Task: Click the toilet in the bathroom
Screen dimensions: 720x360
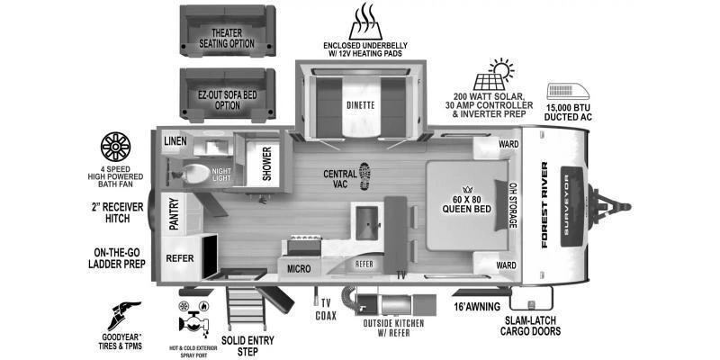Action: click(x=194, y=175)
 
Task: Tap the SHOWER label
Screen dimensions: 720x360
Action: click(x=267, y=164)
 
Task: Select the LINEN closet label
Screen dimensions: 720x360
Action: click(x=175, y=141)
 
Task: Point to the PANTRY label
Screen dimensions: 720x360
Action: click(x=174, y=214)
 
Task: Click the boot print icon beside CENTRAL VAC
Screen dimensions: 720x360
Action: click(x=365, y=176)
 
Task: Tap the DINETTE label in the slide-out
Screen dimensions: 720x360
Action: click(x=361, y=105)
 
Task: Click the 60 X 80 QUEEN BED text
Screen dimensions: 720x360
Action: click(x=466, y=204)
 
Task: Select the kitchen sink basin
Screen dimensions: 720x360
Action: click(x=367, y=222)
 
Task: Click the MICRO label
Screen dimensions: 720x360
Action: click(x=299, y=269)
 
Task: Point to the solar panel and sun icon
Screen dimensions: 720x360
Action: click(x=493, y=75)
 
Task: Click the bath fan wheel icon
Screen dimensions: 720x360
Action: click(x=115, y=147)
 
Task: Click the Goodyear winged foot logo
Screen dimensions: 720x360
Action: click(x=124, y=316)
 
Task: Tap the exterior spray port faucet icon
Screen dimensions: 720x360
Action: click(x=193, y=317)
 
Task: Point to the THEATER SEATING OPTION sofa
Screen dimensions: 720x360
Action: click(x=228, y=31)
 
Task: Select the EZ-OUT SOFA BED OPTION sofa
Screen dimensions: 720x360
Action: click(x=228, y=95)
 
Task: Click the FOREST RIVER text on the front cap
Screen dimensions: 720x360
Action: click(x=544, y=204)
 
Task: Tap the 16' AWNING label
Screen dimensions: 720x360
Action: click(x=478, y=307)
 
